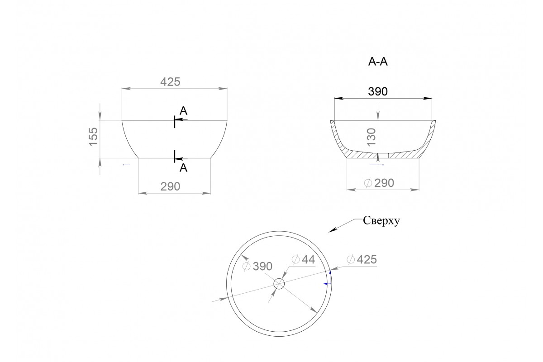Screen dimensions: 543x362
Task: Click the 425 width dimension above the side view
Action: click(170, 82)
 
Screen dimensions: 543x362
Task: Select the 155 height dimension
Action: click(93, 137)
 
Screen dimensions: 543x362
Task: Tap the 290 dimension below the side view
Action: click(170, 186)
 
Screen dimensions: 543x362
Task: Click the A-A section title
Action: click(378, 62)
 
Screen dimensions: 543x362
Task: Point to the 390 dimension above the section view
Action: click(378, 91)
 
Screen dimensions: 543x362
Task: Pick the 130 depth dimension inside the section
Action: click(371, 137)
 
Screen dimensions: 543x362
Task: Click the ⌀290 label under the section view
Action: click(379, 183)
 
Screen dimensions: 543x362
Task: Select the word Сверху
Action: click(381, 221)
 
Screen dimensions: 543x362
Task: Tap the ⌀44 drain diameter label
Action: click(303, 260)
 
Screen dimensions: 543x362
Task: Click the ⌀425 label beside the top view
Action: click(362, 260)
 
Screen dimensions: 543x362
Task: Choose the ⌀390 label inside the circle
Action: click(257, 267)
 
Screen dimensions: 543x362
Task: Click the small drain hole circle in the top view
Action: click(279, 284)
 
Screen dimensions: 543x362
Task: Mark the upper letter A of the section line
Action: click(184, 111)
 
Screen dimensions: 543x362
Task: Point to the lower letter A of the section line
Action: click(184, 168)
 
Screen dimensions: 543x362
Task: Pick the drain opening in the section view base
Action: click(383, 156)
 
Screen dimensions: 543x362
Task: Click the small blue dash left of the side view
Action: click(127, 165)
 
